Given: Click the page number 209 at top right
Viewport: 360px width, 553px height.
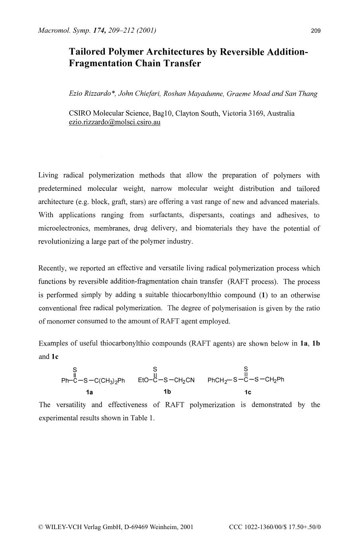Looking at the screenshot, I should pos(315,31).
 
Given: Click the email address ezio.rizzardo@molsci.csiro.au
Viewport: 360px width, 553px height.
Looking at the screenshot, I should pos(114,122).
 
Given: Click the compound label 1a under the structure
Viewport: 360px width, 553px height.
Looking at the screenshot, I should pos(90,392).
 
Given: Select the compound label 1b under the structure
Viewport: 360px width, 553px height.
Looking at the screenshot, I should pos(167,392).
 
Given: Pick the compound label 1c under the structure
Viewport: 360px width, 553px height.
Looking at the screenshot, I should pos(248,392).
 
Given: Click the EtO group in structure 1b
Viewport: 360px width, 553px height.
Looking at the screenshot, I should pos(143,380).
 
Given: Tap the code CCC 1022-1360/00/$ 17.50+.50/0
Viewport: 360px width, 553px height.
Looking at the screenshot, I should pos(275,527).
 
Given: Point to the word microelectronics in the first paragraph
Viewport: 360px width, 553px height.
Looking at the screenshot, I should pos(63,228).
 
